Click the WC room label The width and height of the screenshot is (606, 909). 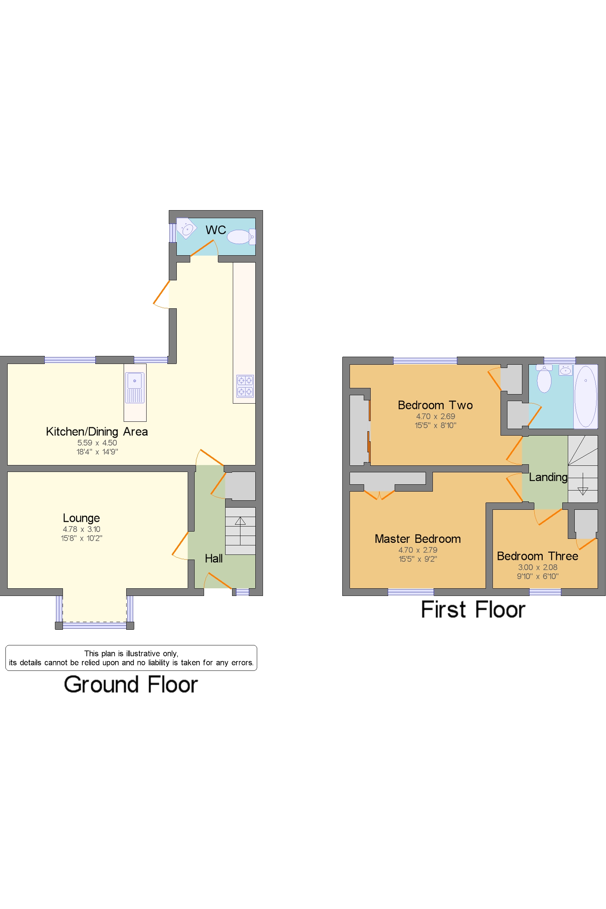click(216, 230)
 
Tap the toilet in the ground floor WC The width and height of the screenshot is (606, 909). click(241, 237)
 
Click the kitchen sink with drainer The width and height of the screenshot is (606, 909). click(135, 388)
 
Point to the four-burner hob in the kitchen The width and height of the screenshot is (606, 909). click(246, 386)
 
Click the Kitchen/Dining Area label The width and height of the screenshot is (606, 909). click(97, 432)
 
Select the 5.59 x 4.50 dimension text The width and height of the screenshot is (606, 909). click(97, 443)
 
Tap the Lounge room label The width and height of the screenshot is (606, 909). click(81, 518)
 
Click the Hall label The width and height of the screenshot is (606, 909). click(214, 558)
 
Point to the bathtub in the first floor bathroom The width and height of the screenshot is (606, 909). click(586, 396)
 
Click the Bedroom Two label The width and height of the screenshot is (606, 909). click(435, 405)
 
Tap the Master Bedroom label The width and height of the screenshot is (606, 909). click(418, 539)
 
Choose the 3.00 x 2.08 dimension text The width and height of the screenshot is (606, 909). click(538, 567)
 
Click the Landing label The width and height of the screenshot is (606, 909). click(548, 477)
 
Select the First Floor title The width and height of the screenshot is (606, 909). click(473, 610)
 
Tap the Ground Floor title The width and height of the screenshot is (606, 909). click(131, 685)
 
